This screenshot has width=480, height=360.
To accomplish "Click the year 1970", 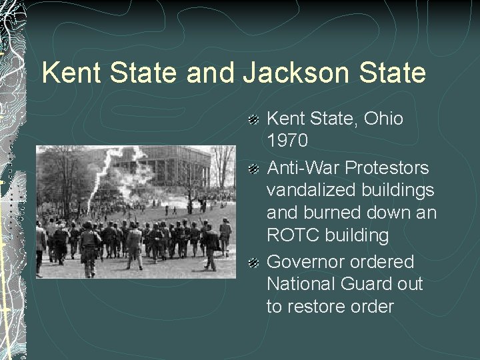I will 288,141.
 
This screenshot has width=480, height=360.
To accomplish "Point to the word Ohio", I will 380,119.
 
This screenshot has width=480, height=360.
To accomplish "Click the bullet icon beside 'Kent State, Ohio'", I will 254,120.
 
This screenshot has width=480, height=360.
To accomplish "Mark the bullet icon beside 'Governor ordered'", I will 254,262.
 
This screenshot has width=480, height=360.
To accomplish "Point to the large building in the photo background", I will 160,167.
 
